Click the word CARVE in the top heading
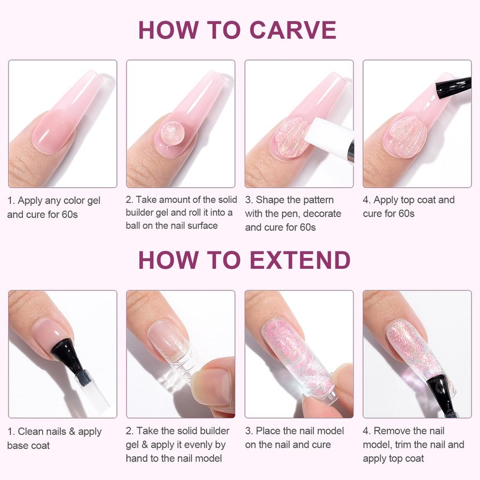tap(293, 30)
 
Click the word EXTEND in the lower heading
tap(300, 260)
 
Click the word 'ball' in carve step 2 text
tap(133, 226)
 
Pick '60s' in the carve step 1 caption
tap(70, 214)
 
